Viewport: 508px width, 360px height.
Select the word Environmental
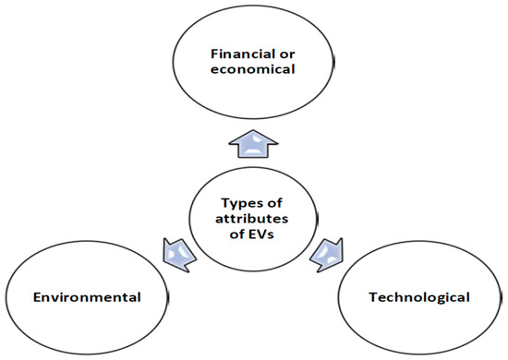pyautogui.click(x=88, y=297)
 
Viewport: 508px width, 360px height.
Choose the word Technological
pyautogui.click(x=418, y=297)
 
